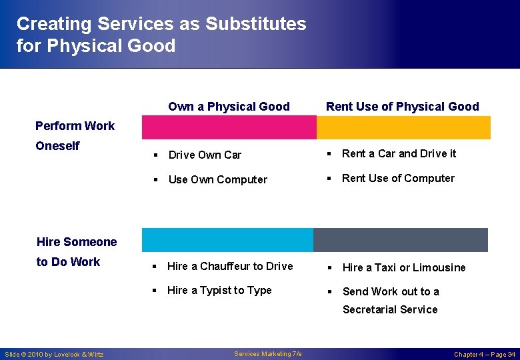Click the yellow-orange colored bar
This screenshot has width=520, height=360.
click(x=403, y=127)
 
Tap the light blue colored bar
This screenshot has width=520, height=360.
click(x=227, y=240)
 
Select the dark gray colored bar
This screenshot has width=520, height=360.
click(x=401, y=240)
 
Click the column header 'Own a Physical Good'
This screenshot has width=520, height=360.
click(x=229, y=107)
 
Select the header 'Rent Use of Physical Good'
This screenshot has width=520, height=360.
click(x=402, y=107)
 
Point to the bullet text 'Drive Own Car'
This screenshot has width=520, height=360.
click(x=205, y=155)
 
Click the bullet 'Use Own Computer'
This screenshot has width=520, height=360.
click(x=217, y=179)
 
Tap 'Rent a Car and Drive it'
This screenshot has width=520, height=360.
click(x=399, y=153)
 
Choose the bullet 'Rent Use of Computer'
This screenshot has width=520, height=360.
click(x=398, y=178)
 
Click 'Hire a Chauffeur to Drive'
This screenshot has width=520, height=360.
click(x=230, y=266)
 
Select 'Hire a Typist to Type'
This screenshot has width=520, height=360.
click(x=219, y=290)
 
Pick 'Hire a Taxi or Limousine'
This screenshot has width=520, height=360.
click(x=404, y=267)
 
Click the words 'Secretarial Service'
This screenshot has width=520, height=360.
click(x=390, y=309)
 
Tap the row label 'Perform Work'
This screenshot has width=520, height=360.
click(x=75, y=126)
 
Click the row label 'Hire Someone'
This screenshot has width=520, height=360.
click(x=77, y=242)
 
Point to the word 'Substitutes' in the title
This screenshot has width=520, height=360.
click(x=255, y=24)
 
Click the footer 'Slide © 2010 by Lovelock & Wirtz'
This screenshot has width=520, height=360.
click(x=54, y=354)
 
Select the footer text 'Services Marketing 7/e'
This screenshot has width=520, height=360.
click(x=267, y=353)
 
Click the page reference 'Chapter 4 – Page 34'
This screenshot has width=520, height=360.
click(x=484, y=354)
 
